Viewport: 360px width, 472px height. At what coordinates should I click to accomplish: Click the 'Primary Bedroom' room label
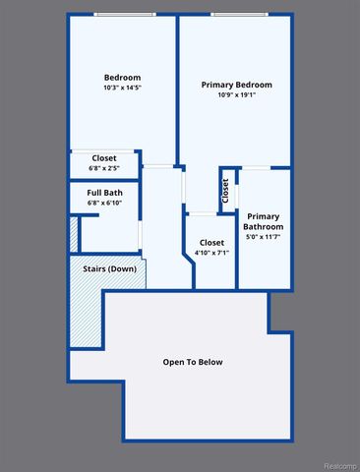(235, 86)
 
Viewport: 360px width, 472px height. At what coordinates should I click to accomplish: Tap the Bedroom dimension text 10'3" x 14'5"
(123, 88)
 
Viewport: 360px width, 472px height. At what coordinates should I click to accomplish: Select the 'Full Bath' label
(104, 192)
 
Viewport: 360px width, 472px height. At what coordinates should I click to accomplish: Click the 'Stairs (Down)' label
(109, 268)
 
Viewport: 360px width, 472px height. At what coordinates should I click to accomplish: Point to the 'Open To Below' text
(193, 362)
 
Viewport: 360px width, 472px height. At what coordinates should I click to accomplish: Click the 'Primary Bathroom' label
(263, 221)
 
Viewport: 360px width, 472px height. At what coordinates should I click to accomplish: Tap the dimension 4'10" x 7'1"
(211, 253)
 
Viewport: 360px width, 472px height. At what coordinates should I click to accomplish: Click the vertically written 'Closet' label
(225, 192)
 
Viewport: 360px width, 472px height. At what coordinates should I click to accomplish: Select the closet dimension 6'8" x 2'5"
(104, 168)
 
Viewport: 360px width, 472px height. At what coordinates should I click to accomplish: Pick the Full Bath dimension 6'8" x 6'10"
(104, 203)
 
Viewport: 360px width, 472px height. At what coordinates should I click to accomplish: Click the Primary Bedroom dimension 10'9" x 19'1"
(235, 96)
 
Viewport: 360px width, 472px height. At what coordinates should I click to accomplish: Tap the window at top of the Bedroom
(124, 14)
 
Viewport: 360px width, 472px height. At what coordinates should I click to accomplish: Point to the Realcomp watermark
(333, 465)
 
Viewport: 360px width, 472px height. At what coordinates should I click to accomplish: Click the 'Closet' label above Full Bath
(104, 158)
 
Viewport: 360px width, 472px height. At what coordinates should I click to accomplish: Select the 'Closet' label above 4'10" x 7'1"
(211, 242)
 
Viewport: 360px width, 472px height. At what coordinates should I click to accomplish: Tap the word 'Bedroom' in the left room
(123, 78)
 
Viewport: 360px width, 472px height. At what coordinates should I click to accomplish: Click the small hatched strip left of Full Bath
(73, 233)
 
